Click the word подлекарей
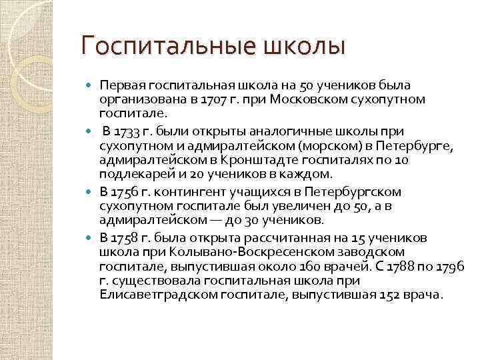click(130, 175)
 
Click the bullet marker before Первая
click(91, 85)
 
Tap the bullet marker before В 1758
click(91, 237)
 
